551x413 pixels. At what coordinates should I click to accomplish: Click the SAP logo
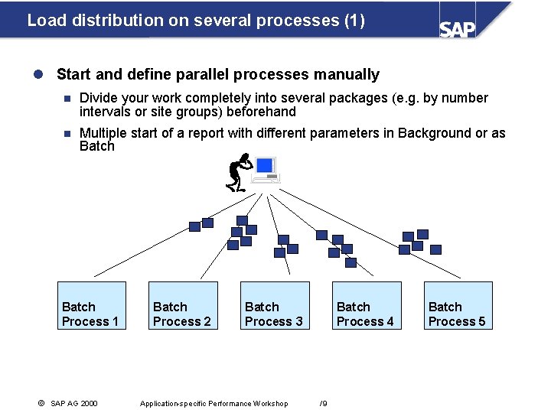457,28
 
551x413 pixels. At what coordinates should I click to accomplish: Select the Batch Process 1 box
91,306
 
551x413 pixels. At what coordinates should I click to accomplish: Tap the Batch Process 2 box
183,306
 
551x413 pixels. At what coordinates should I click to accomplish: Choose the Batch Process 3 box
275,306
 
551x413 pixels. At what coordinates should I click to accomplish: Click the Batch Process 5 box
458,306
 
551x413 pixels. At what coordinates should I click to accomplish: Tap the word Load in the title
42,20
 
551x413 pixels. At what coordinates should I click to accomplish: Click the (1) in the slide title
354,20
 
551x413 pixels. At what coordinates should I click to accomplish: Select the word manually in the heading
346,74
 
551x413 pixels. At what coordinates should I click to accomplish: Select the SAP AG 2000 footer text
73,403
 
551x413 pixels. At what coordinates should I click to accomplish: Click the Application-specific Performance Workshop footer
214,403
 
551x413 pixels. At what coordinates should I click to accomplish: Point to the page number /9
324,403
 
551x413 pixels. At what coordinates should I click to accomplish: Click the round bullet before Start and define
40,74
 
